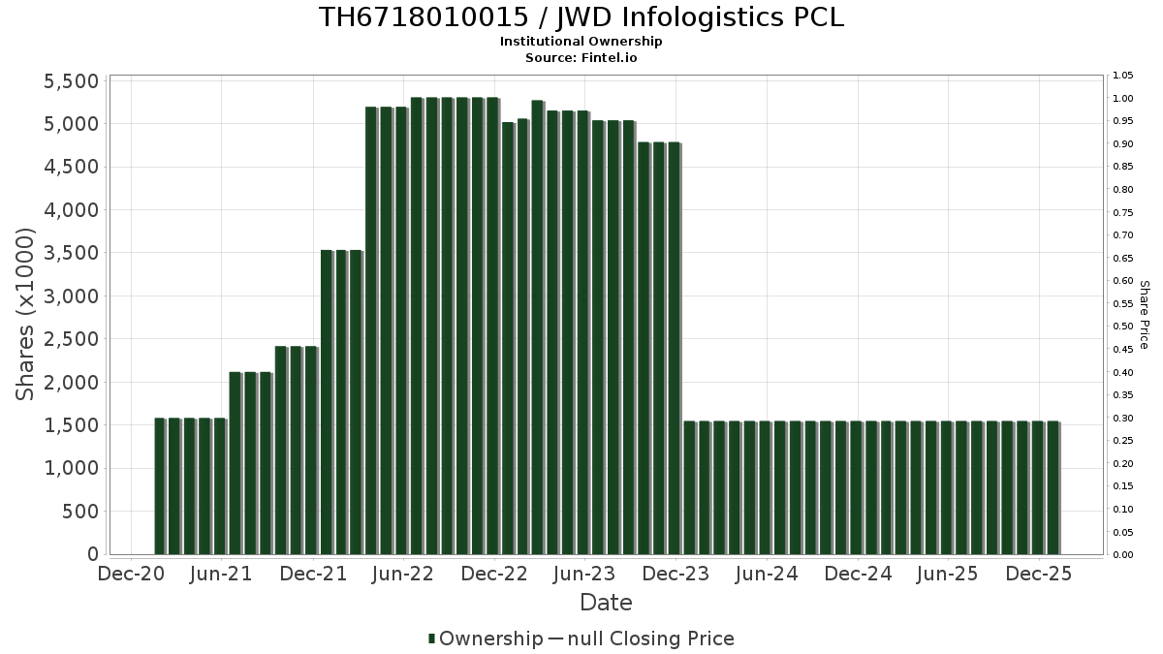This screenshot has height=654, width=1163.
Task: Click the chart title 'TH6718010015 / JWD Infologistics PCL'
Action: [581, 17]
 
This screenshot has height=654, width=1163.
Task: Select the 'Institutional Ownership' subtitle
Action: [581, 42]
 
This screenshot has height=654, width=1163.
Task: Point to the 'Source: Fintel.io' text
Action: [581, 57]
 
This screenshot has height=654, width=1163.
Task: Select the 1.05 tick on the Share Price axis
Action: [1123, 76]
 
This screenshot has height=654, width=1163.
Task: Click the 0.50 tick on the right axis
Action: [1123, 327]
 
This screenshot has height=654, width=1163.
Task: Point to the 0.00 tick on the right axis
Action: [1123, 555]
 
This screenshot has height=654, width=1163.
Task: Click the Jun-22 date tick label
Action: [403, 575]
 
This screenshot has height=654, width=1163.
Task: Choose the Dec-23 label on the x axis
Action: [676, 575]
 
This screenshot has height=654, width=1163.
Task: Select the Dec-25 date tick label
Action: [1040, 575]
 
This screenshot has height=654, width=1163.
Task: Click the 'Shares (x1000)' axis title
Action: [26, 315]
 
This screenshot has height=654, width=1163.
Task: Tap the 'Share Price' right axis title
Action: [1145, 315]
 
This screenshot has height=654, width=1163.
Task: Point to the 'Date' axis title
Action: [606, 603]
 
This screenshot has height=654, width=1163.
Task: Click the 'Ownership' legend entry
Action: [486, 638]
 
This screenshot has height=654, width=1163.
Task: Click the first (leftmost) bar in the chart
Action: [160, 486]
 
